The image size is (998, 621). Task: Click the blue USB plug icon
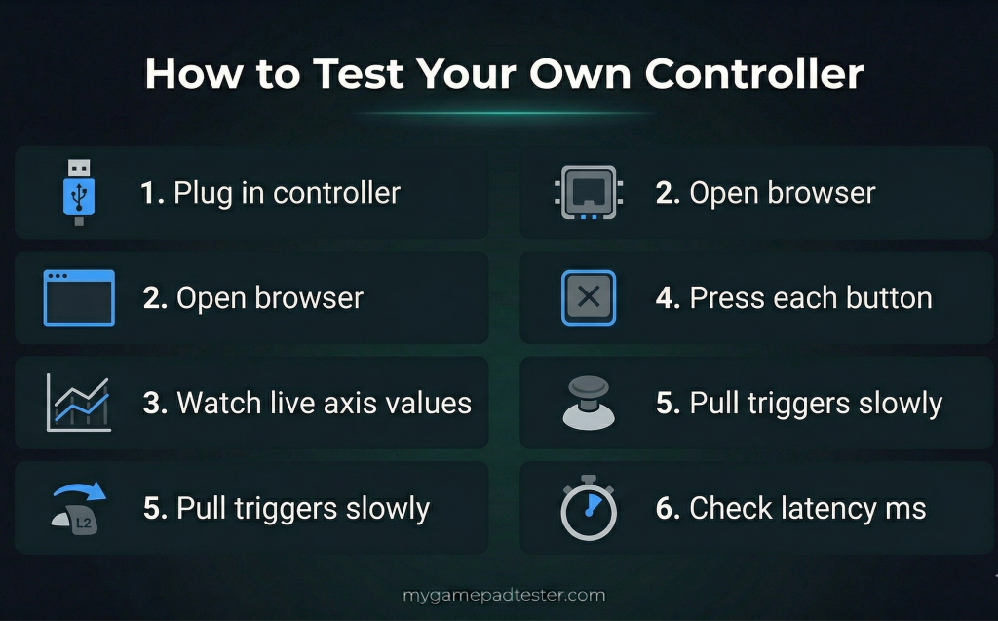(79, 192)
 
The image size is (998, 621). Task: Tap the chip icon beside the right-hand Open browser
(589, 192)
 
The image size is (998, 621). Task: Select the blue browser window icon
(79, 297)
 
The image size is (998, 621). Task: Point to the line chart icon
(79, 402)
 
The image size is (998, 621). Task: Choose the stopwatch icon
(589, 508)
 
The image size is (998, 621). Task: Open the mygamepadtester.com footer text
(504, 595)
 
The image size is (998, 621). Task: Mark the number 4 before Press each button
(667, 298)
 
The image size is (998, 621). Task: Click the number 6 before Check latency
(667, 508)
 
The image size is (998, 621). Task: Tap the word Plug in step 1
(199, 194)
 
